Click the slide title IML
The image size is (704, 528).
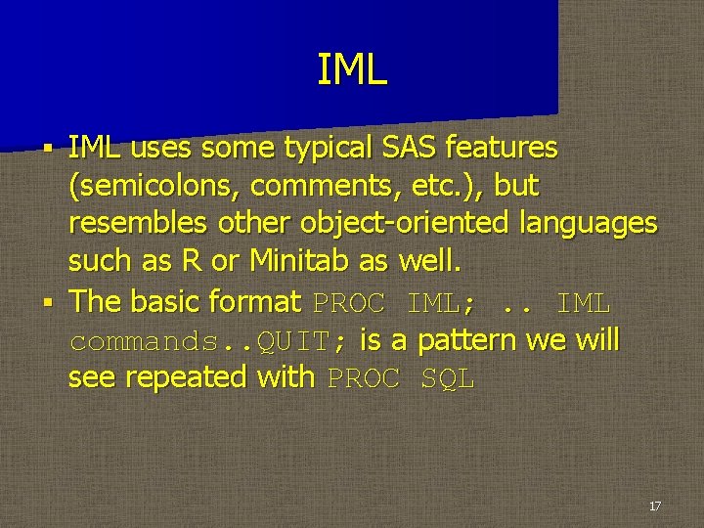pyautogui.click(x=352, y=70)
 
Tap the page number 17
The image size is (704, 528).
pyautogui.click(x=655, y=506)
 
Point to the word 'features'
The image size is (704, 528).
pyautogui.click(x=501, y=148)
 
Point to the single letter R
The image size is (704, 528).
pyautogui.click(x=190, y=261)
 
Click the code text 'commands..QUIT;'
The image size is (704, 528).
pyautogui.click(x=206, y=340)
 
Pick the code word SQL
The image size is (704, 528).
pyautogui.click(x=447, y=378)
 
